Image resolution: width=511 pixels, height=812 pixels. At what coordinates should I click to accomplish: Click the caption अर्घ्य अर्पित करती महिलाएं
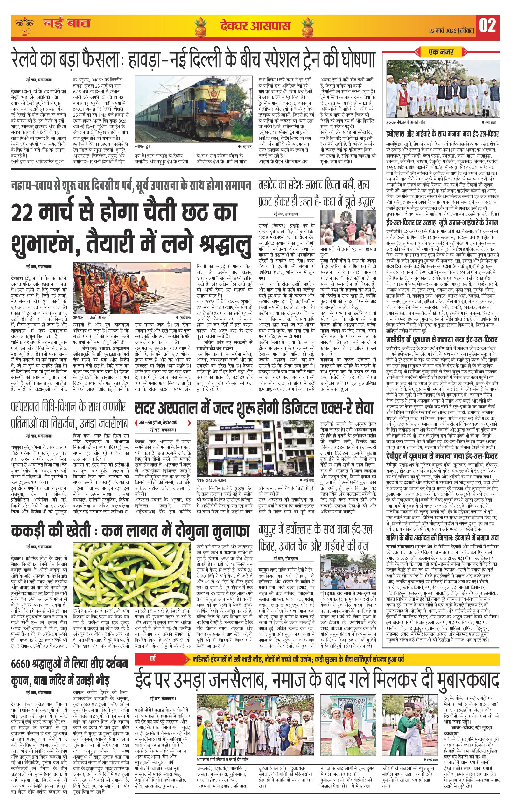point(96,318)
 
